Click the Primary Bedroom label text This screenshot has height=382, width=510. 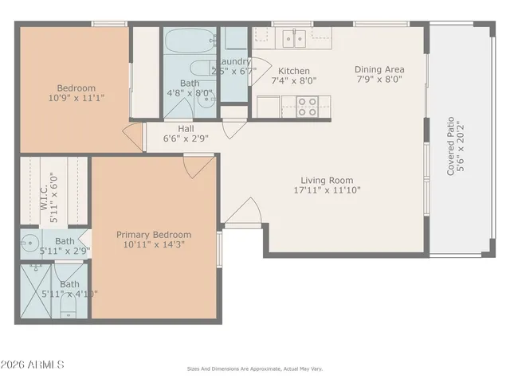(x=154, y=235)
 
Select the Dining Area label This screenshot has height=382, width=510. (x=379, y=69)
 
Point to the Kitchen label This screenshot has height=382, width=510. (x=293, y=70)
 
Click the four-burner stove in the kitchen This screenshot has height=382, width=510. (x=308, y=107)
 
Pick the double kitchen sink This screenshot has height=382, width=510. (x=292, y=37)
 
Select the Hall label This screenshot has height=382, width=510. (x=186, y=127)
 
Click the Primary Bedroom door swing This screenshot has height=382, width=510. (x=197, y=165)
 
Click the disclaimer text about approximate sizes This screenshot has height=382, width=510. (x=255, y=368)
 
